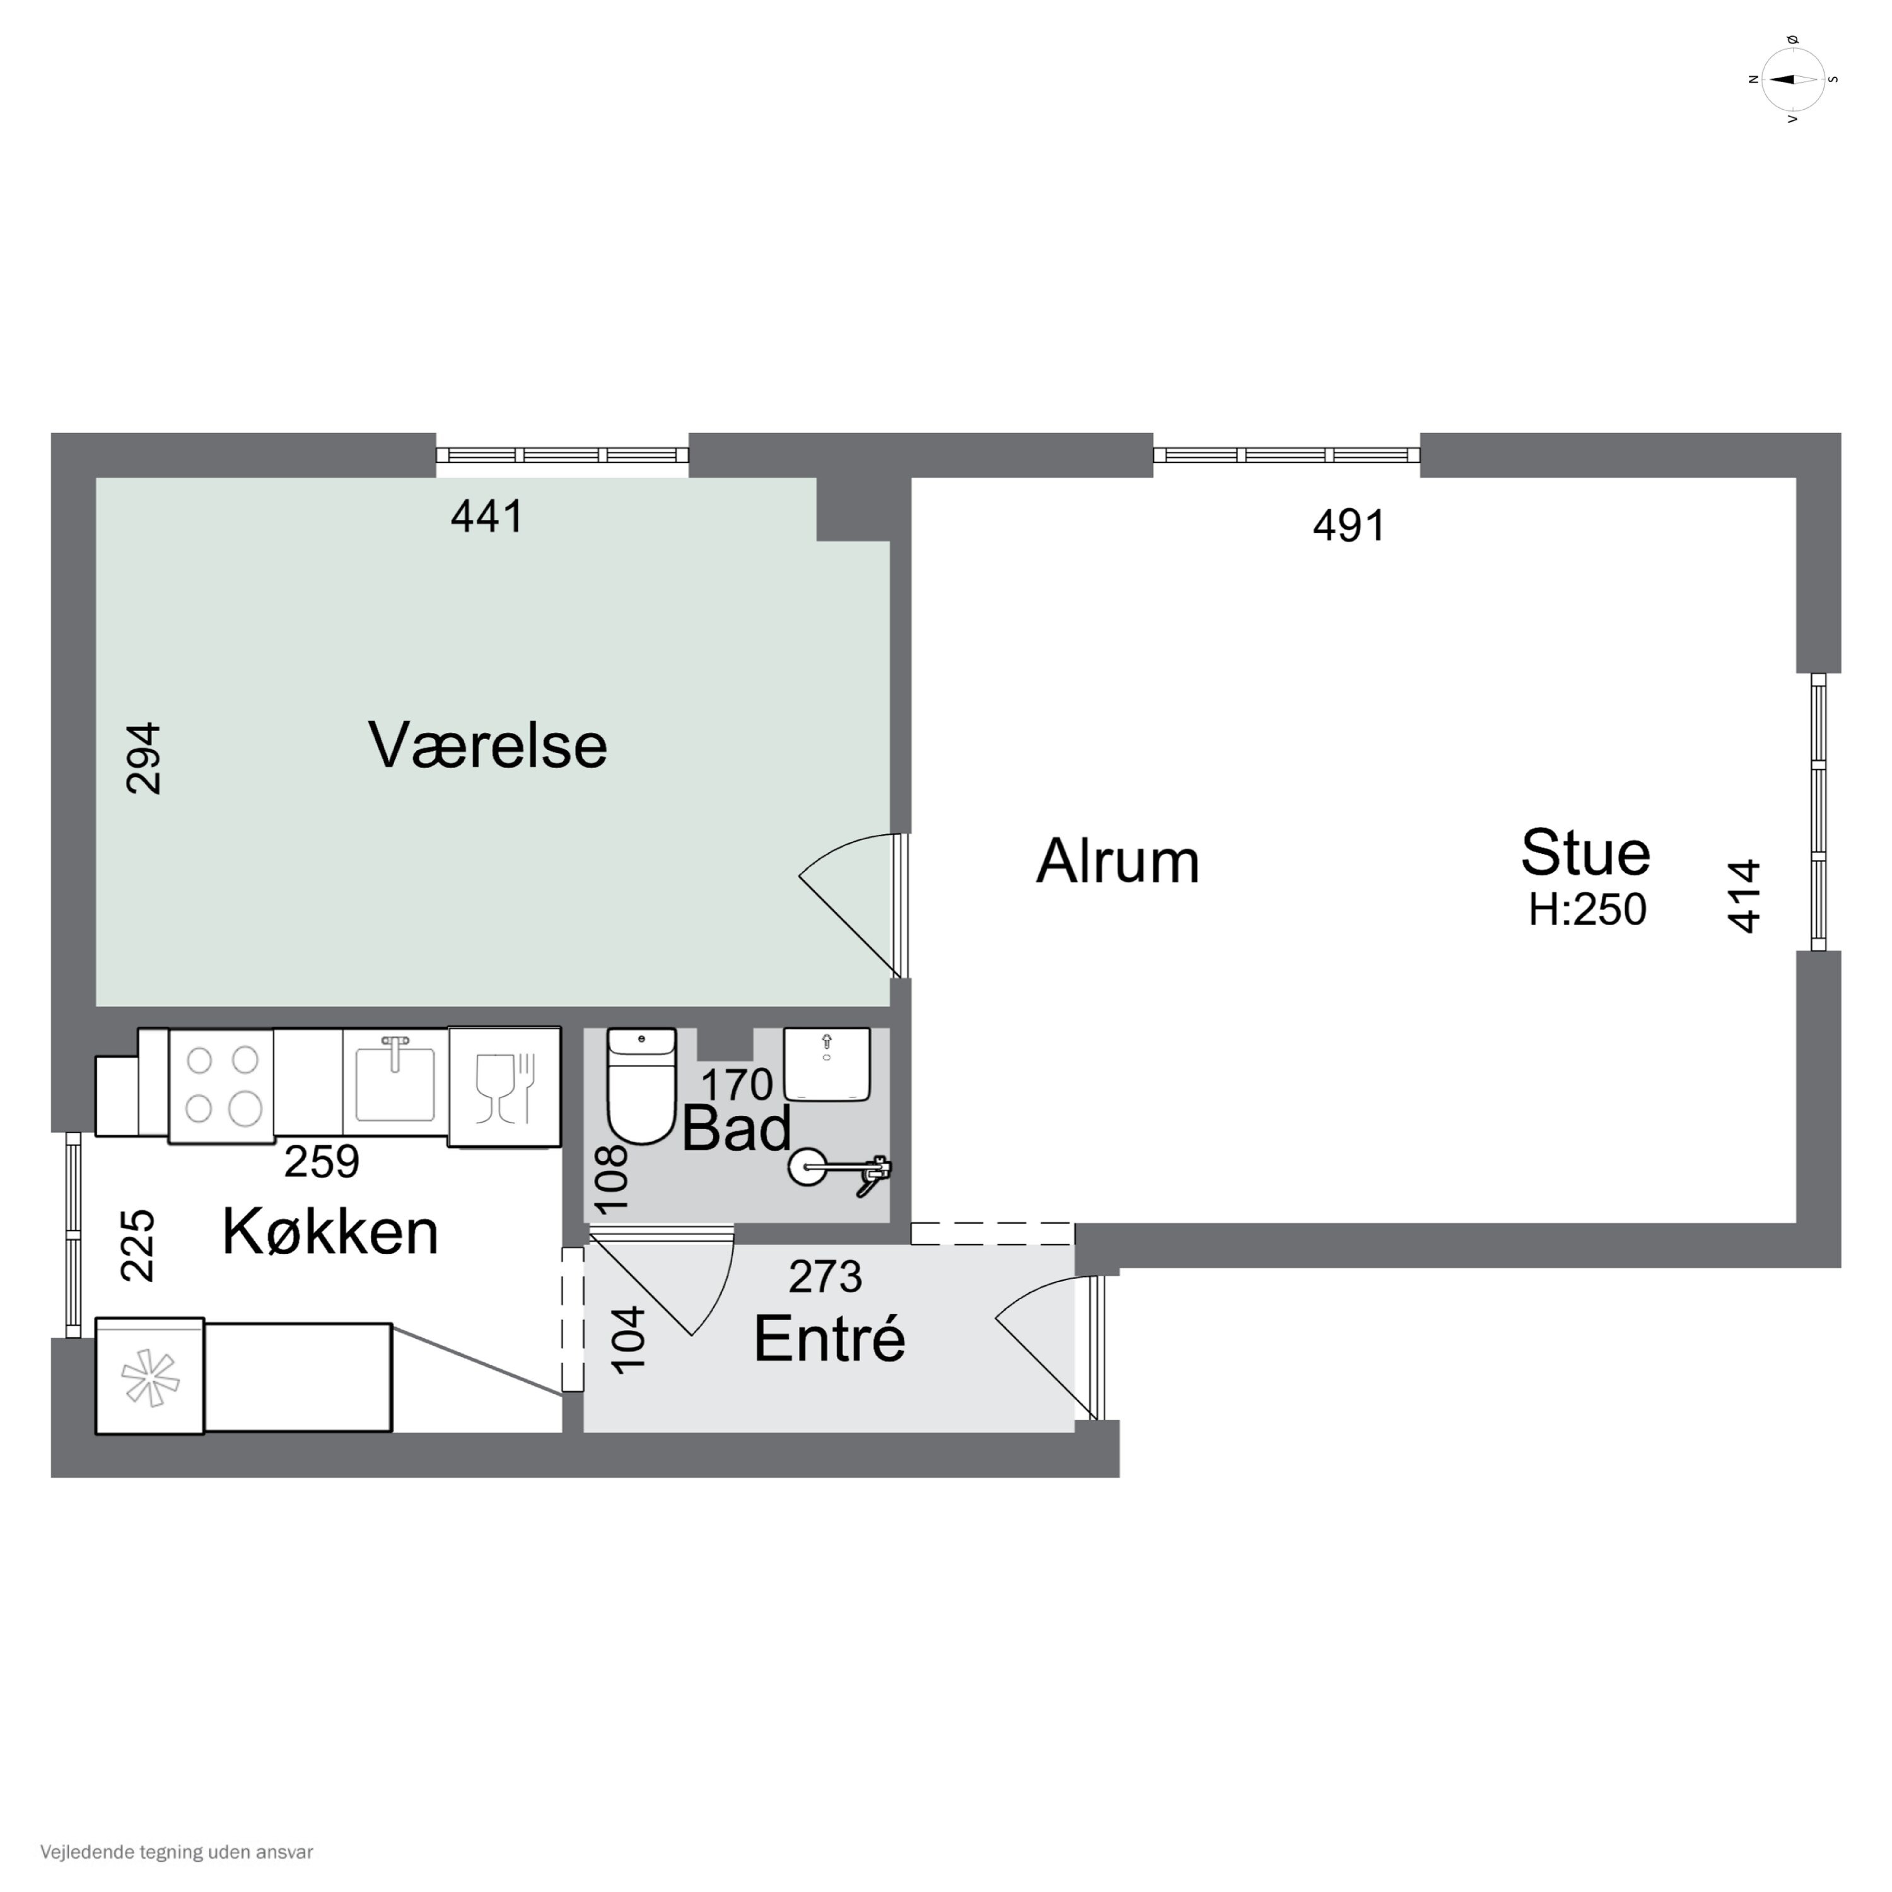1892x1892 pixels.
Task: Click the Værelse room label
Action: [x=488, y=746]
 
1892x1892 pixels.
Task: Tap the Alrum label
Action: [x=1118, y=861]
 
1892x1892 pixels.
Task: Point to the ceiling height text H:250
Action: [x=1587, y=910]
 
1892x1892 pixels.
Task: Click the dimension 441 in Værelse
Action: [x=487, y=516]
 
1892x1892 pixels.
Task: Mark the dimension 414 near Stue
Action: [x=1744, y=896]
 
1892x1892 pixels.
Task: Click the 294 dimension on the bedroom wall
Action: [x=144, y=758]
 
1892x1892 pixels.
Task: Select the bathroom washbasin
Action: [x=827, y=1063]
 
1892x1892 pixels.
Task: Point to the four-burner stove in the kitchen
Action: [x=221, y=1085]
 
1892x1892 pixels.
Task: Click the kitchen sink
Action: [x=395, y=1082]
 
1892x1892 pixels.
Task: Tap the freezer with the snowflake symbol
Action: [x=150, y=1376]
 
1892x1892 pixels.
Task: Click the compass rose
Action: [x=1792, y=80]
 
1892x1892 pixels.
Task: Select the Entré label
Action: [x=829, y=1339]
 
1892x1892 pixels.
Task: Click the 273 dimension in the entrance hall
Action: [x=826, y=1277]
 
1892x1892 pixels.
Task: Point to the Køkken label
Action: [x=330, y=1232]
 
